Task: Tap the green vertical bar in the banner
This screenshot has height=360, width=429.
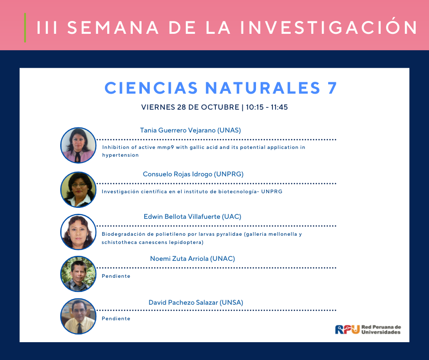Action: (x=25, y=28)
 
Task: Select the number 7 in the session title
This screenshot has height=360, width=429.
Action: (x=332, y=88)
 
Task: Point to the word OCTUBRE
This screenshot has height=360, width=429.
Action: (x=220, y=107)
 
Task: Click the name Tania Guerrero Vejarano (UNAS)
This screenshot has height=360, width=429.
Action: (x=190, y=130)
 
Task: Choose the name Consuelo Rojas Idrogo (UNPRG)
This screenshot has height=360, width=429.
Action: (x=193, y=174)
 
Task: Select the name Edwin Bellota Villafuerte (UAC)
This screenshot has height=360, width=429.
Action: (x=192, y=217)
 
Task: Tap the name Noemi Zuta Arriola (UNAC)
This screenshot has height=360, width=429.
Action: (x=192, y=259)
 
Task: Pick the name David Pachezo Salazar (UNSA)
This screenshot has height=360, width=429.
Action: (x=196, y=302)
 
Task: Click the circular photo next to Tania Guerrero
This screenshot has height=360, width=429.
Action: (x=78, y=145)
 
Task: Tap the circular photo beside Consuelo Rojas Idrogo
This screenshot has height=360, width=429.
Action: (x=78, y=189)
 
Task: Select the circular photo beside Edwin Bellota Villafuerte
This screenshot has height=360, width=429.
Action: (x=78, y=232)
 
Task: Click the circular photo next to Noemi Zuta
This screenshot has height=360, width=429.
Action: (x=78, y=274)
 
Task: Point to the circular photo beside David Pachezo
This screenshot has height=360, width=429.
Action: (x=78, y=316)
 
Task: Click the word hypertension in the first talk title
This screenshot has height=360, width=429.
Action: (x=120, y=155)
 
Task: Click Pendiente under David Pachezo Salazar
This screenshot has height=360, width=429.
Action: (x=116, y=318)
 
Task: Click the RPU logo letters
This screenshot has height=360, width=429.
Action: (x=347, y=329)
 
